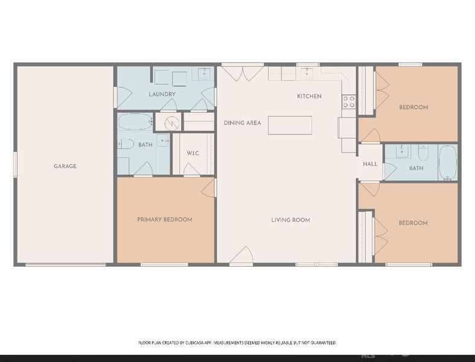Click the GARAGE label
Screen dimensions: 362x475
coord(65,166)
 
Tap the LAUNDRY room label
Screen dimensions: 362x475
coord(162,94)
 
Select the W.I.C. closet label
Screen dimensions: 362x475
coord(193,153)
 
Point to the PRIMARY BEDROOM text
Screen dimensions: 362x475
coord(164,220)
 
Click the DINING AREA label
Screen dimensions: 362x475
coord(242,123)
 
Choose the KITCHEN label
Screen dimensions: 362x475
coord(309,97)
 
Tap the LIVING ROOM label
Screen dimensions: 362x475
coord(290,220)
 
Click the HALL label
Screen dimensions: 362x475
coord(370,164)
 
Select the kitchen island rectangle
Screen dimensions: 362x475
coord(290,125)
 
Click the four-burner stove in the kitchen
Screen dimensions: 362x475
coord(349,101)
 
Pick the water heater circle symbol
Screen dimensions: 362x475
coord(172,122)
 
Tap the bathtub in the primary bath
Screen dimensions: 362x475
coord(135,122)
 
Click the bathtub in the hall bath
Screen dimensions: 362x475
coord(447,162)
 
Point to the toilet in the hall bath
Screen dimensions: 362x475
coord(423,152)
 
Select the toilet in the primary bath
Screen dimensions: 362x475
coord(126,144)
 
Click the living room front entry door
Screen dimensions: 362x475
coord(241,256)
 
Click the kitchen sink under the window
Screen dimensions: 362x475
coord(307,73)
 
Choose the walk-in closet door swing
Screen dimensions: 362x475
coord(191,170)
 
